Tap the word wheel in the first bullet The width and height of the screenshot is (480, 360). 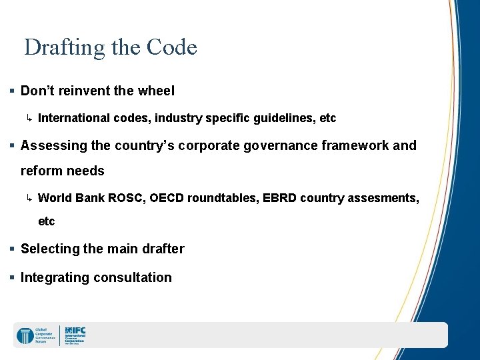point(155,91)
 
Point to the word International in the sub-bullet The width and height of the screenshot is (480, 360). point(73,118)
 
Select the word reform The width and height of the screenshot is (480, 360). point(40,171)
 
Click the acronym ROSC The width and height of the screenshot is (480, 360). point(128,197)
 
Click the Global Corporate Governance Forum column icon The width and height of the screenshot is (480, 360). point(25,335)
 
